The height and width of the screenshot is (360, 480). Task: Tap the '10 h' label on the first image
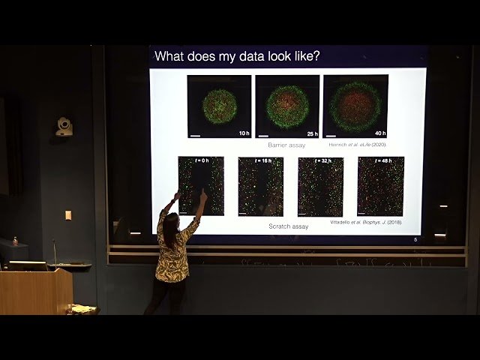click(243, 133)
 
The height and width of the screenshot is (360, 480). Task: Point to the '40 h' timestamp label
click(379, 133)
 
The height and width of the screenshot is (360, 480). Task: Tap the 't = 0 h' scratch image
click(201, 186)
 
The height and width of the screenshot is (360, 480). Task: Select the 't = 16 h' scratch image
click(260, 186)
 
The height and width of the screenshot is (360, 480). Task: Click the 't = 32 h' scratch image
click(320, 186)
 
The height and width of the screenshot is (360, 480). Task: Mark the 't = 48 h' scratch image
click(380, 186)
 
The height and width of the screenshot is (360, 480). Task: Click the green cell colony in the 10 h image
click(219, 106)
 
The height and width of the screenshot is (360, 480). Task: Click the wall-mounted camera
click(64, 127)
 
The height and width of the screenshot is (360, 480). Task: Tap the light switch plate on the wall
click(68, 215)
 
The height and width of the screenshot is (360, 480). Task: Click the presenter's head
click(171, 221)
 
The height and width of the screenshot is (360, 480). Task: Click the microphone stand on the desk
click(54, 252)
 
